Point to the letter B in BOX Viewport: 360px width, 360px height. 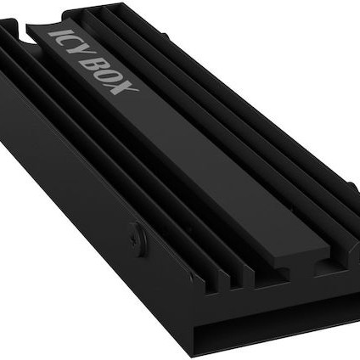pyautogui.click(x=94, y=62)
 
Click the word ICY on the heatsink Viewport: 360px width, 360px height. pyautogui.click(x=65, y=42)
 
